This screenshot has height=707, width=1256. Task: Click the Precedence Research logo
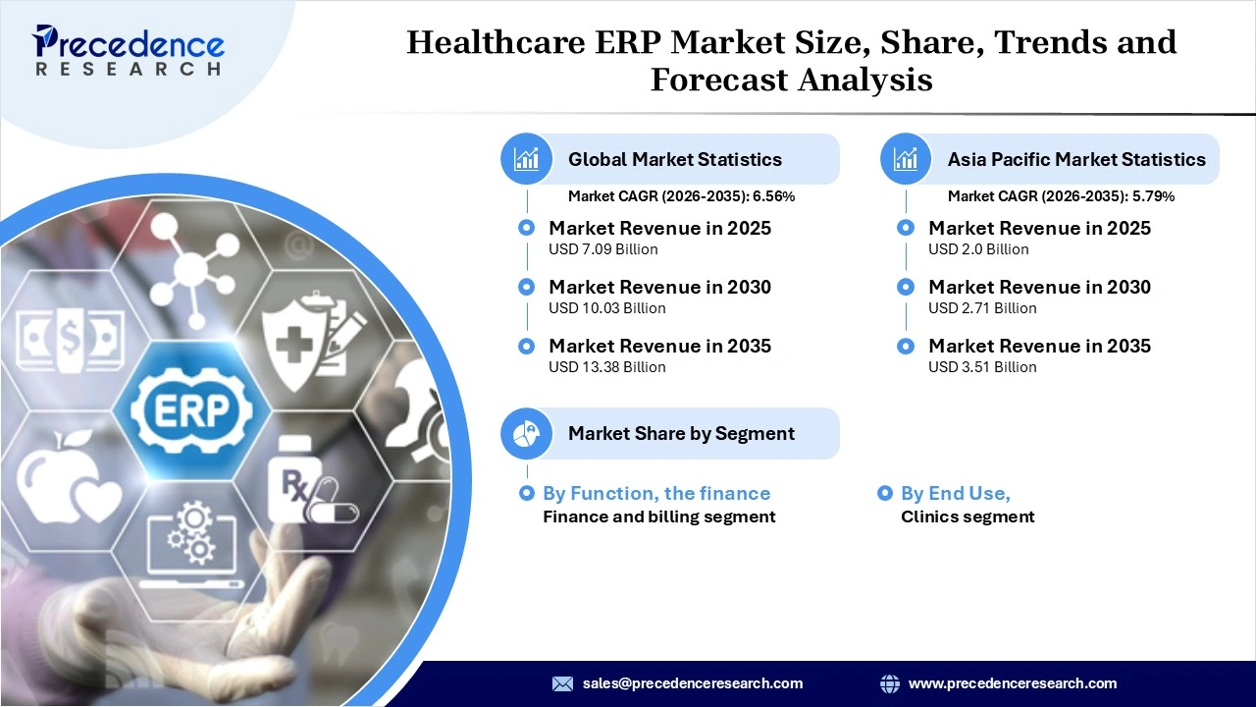pos(129,49)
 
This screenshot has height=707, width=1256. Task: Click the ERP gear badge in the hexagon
pos(191,408)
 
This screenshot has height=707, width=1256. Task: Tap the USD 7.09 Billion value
pos(602,249)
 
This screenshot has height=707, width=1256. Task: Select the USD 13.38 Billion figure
pos(606,367)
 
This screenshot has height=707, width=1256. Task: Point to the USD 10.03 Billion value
pos(606,308)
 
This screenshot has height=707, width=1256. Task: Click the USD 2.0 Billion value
pos(978,249)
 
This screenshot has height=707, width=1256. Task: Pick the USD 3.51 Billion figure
pos(982,367)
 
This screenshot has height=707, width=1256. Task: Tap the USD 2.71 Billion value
pos(982,308)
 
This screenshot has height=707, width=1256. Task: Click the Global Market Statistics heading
pos(674,159)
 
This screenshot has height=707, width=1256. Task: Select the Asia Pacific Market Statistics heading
pos(1075,159)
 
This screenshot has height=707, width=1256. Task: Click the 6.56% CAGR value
pos(773,196)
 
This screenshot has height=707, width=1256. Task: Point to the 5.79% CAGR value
pos(1153,196)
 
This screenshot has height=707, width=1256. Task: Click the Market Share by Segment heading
pos(681,434)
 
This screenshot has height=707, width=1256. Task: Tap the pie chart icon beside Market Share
pos(527,434)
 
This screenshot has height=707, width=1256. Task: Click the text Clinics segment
pos(968,517)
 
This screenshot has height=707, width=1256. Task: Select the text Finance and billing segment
pos(658,517)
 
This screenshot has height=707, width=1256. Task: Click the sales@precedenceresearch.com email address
pos(692,683)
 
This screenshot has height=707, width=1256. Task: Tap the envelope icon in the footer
pos(562,683)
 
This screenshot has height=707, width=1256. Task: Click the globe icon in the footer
pos(890,683)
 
